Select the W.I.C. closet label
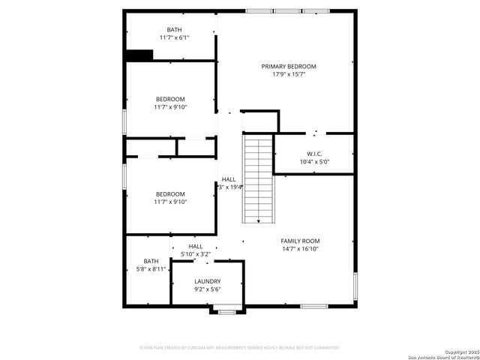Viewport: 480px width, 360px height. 313,153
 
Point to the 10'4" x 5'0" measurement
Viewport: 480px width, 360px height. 314,161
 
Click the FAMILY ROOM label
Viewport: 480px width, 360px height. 300,241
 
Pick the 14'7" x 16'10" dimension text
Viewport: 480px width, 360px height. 300,249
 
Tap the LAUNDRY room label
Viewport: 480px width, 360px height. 207,281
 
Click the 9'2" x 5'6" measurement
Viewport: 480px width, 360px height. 207,289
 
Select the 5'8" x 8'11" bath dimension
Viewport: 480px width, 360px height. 146,268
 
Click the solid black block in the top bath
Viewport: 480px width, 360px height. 139,55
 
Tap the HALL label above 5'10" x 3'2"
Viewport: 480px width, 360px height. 196,246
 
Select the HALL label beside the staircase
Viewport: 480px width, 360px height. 229,179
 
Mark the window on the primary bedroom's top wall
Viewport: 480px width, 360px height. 287,11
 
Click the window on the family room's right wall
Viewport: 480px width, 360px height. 355,286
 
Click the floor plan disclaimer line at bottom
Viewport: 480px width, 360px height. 240,347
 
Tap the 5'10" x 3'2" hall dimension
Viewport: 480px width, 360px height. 196,254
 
